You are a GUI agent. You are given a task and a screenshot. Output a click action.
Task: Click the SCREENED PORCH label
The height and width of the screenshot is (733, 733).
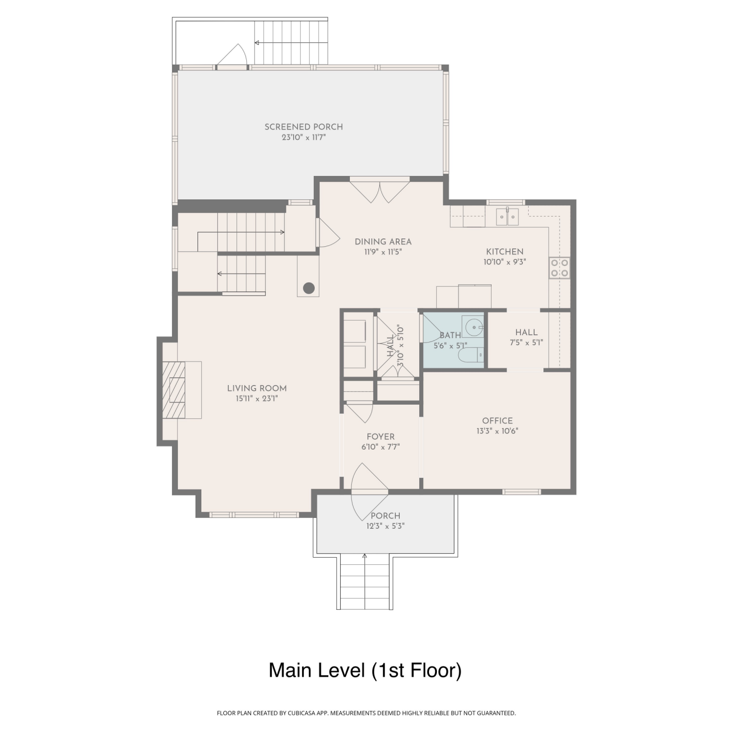pos(303,127)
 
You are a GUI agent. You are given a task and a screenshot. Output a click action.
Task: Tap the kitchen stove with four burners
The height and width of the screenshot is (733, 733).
pos(560,268)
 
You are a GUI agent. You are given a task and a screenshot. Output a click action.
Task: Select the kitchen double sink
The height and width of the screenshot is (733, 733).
pos(507,217)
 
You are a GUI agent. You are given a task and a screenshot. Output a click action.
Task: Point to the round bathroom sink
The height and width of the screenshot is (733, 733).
pos(473,327)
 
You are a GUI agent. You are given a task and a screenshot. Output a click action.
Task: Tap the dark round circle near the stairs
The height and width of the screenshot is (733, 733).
pos(308,288)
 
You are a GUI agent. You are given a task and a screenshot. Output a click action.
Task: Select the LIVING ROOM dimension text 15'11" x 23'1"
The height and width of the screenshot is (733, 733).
pos(257,399)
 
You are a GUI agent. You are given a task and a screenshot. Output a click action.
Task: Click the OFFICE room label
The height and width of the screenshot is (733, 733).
pos(497,421)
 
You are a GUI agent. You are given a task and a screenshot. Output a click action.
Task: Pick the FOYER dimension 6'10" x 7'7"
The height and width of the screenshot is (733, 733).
pos(381,447)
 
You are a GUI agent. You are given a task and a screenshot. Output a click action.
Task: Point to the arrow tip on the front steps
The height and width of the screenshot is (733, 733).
pos(365,555)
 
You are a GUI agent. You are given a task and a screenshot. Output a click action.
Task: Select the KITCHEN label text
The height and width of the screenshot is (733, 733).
pos(505,252)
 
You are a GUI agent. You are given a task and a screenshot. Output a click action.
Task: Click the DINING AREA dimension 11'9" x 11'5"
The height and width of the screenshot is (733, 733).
pos(383,252)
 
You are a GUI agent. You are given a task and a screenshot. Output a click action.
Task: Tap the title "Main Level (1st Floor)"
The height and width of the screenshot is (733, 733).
pos(365,670)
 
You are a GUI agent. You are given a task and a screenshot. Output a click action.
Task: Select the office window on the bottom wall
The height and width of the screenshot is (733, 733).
pos(522,492)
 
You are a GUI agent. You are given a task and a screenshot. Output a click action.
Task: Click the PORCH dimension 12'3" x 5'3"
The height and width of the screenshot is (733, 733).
pos(386,526)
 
